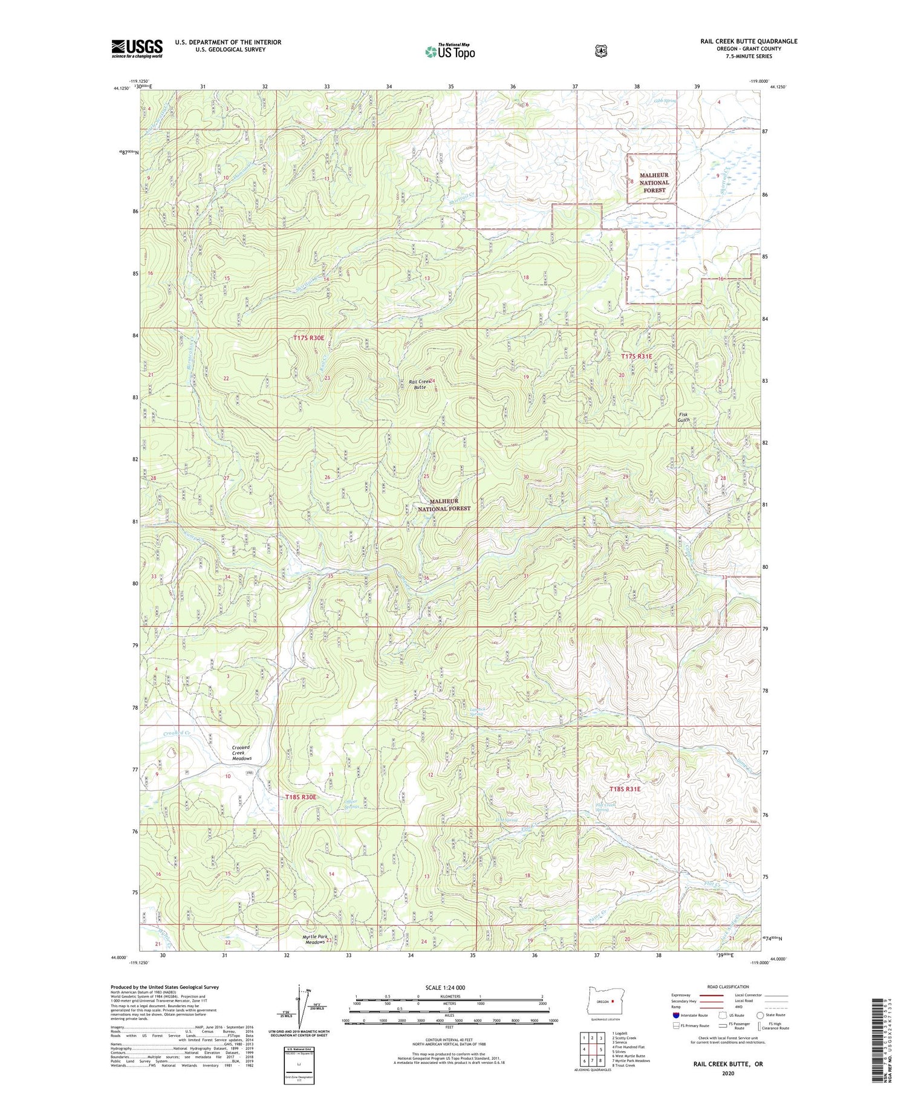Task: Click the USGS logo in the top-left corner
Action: [x=137, y=48]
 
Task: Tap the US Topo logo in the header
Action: [x=450, y=52]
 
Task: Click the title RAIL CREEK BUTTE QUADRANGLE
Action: [x=749, y=41]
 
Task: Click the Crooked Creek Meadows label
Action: [x=241, y=753]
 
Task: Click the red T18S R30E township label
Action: [x=301, y=797]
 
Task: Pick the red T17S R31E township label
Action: [x=637, y=357]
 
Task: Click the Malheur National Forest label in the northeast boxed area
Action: [x=654, y=182]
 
